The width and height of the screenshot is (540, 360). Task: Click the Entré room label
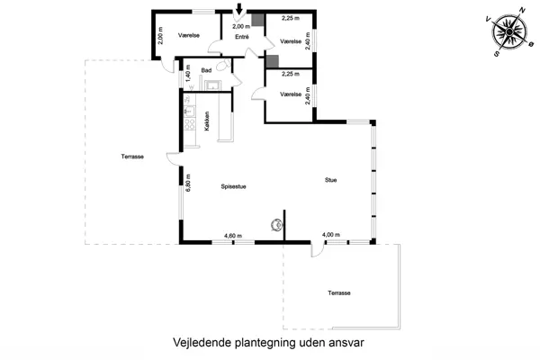(x=242, y=37)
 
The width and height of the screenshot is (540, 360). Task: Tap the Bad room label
(x=206, y=70)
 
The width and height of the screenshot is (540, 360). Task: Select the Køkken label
(x=208, y=121)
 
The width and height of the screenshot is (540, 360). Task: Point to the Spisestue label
(x=234, y=186)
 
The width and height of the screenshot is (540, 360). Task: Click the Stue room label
(x=331, y=180)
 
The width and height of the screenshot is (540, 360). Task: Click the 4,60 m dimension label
(x=234, y=236)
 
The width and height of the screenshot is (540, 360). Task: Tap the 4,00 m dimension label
(x=331, y=235)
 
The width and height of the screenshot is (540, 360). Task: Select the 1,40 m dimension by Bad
(x=188, y=74)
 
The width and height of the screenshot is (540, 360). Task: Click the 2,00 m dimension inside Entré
(x=238, y=27)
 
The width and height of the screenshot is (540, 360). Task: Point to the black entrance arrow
(x=238, y=11)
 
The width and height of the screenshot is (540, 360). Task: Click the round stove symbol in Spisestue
(x=275, y=225)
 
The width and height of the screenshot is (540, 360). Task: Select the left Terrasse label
(x=132, y=157)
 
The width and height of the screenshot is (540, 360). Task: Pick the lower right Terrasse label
(x=338, y=293)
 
